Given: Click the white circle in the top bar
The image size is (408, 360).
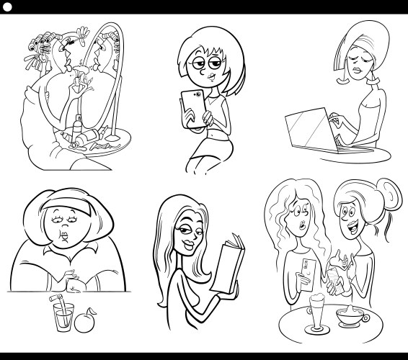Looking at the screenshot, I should tap(8, 7).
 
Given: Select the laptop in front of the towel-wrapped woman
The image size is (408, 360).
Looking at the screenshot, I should tap(310, 133).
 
